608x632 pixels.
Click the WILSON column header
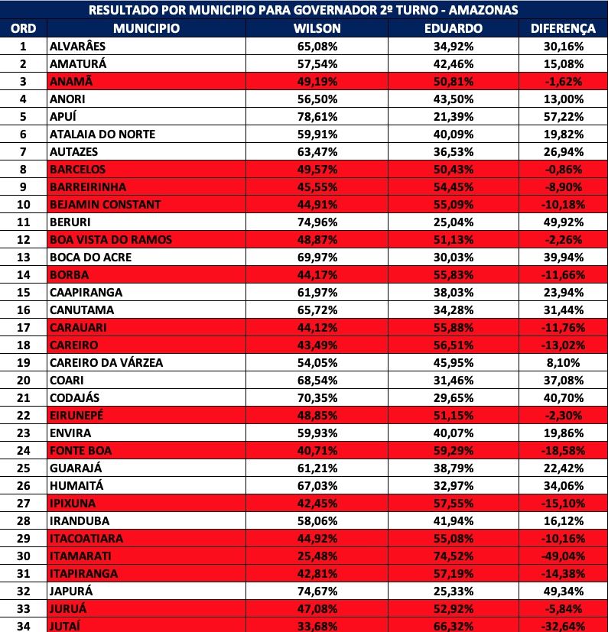(317, 28)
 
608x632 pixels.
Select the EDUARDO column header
(453, 28)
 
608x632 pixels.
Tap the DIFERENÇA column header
(562, 28)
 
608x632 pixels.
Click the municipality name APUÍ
(63, 117)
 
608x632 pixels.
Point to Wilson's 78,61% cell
(317, 117)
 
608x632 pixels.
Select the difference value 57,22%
(562, 117)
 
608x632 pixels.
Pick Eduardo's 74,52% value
(453, 556)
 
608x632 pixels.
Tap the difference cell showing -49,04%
(562, 556)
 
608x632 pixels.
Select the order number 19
(23, 363)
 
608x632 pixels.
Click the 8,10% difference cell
(562, 363)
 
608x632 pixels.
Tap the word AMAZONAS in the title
(481, 10)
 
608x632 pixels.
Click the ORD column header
(23, 28)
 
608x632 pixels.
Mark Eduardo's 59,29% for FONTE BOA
(453, 451)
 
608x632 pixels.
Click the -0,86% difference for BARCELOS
(562, 170)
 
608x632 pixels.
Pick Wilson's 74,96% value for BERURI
(317, 222)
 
